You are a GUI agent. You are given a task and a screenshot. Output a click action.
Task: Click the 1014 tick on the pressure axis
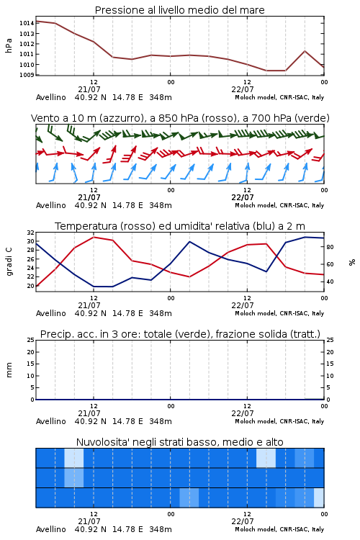[27, 24]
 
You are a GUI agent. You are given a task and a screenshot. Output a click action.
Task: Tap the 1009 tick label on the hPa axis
[27, 75]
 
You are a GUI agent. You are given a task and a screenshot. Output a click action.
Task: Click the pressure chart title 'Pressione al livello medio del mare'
[180, 10]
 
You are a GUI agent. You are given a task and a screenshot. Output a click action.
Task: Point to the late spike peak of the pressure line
[305, 51]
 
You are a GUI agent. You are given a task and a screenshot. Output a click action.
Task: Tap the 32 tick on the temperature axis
[31, 233]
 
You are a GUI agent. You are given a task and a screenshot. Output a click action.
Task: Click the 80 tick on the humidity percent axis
[330, 247]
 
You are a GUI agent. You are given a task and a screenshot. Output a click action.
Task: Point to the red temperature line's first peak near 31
[94, 238]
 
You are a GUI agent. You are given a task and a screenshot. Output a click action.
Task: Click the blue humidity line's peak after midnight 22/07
[189, 242]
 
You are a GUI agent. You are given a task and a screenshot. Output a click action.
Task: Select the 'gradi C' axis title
[9, 261]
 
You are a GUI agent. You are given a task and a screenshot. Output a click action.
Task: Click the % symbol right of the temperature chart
[352, 262]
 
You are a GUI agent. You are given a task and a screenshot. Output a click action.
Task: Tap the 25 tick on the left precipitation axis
[31, 340]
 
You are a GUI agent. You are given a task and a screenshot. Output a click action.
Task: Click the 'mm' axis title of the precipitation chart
[9, 370]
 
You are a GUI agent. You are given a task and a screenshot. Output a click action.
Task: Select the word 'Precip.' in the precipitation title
[54, 334]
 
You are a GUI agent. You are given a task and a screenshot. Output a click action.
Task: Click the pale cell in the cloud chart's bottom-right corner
[319, 498]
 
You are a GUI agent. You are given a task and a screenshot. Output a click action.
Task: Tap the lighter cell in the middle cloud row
[74, 478]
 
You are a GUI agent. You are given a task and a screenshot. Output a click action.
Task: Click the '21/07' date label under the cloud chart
[89, 521]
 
